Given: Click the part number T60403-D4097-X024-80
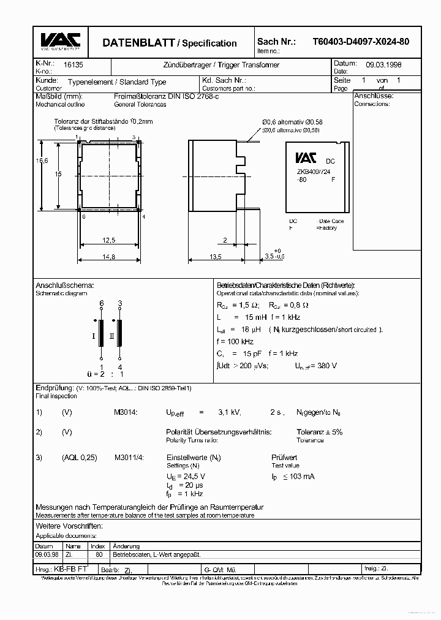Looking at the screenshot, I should click(361, 42).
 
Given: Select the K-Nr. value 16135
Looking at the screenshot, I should click(64, 64).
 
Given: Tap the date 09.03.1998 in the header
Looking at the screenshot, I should click(384, 64).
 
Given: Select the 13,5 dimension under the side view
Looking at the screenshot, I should click(214, 257).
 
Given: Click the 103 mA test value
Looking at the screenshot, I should click(301, 476).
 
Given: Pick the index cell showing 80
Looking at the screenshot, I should click(99, 554).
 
